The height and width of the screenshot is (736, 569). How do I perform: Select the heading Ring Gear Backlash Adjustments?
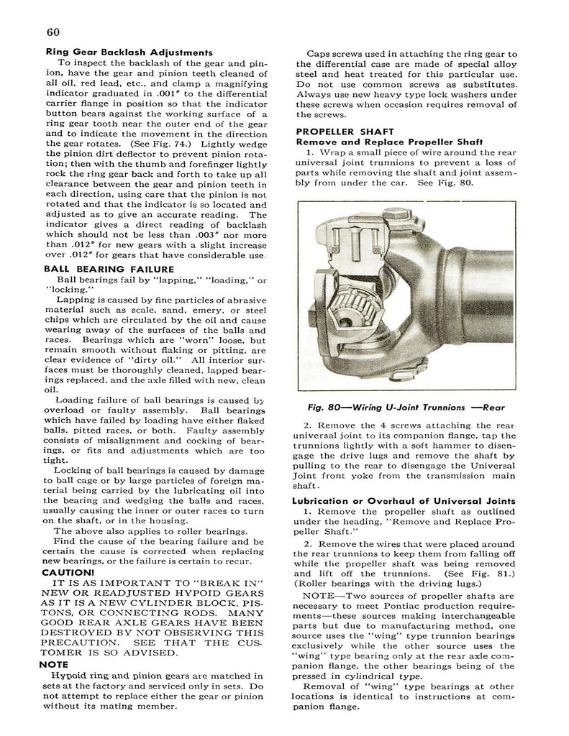[129, 52]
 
